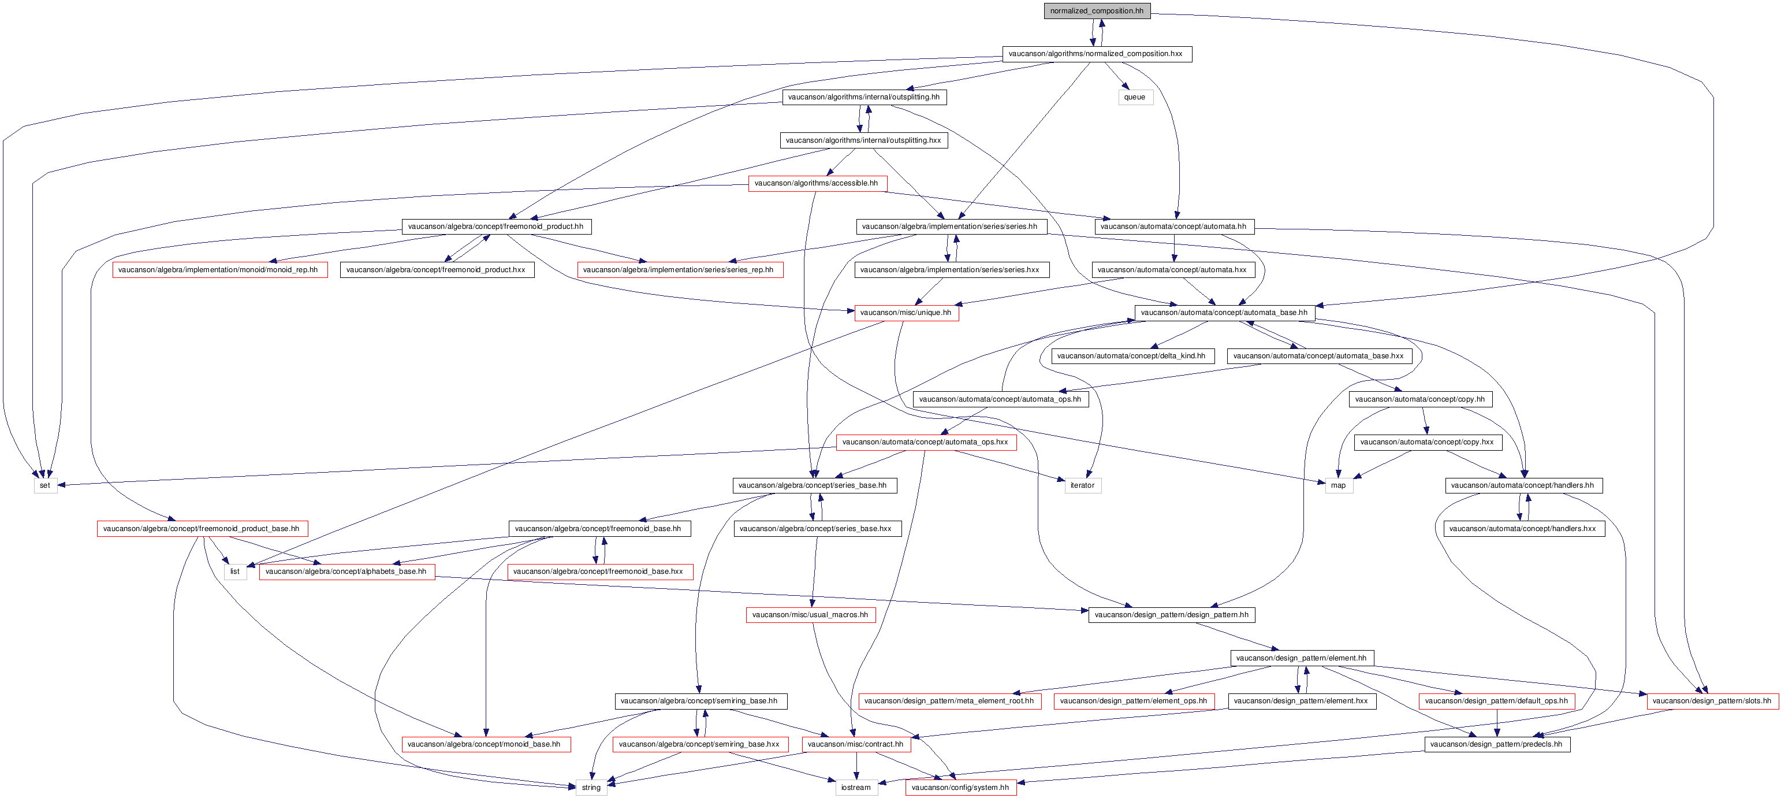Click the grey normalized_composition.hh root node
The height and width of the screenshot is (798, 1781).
pos(1097,11)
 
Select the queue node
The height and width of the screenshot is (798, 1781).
pos(1135,97)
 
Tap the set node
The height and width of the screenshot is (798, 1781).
pos(45,485)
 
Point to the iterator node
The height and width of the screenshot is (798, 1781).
pos(1082,485)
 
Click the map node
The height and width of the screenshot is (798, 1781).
pos(1338,485)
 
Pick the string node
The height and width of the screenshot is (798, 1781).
pos(591,788)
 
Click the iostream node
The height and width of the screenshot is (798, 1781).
pos(856,788)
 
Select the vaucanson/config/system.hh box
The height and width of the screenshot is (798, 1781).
pos(960,788)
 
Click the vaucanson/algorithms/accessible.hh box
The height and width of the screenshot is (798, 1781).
pos(817,183)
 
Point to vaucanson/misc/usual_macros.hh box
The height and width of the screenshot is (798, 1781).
pos(810,615)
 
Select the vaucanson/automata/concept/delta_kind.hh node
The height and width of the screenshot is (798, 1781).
pos(1131,356)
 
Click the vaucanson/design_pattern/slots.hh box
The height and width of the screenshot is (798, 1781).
pos(1712,701)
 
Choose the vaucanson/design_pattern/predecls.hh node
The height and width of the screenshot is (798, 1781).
pos(1497,745)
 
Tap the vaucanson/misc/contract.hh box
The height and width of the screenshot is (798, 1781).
pos(856,745)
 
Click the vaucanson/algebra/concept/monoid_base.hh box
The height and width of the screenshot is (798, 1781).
pos(484,745)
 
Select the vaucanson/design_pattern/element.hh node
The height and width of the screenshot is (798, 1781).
pos(1301,658)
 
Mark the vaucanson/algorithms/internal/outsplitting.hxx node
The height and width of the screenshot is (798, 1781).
pos(863,140)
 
